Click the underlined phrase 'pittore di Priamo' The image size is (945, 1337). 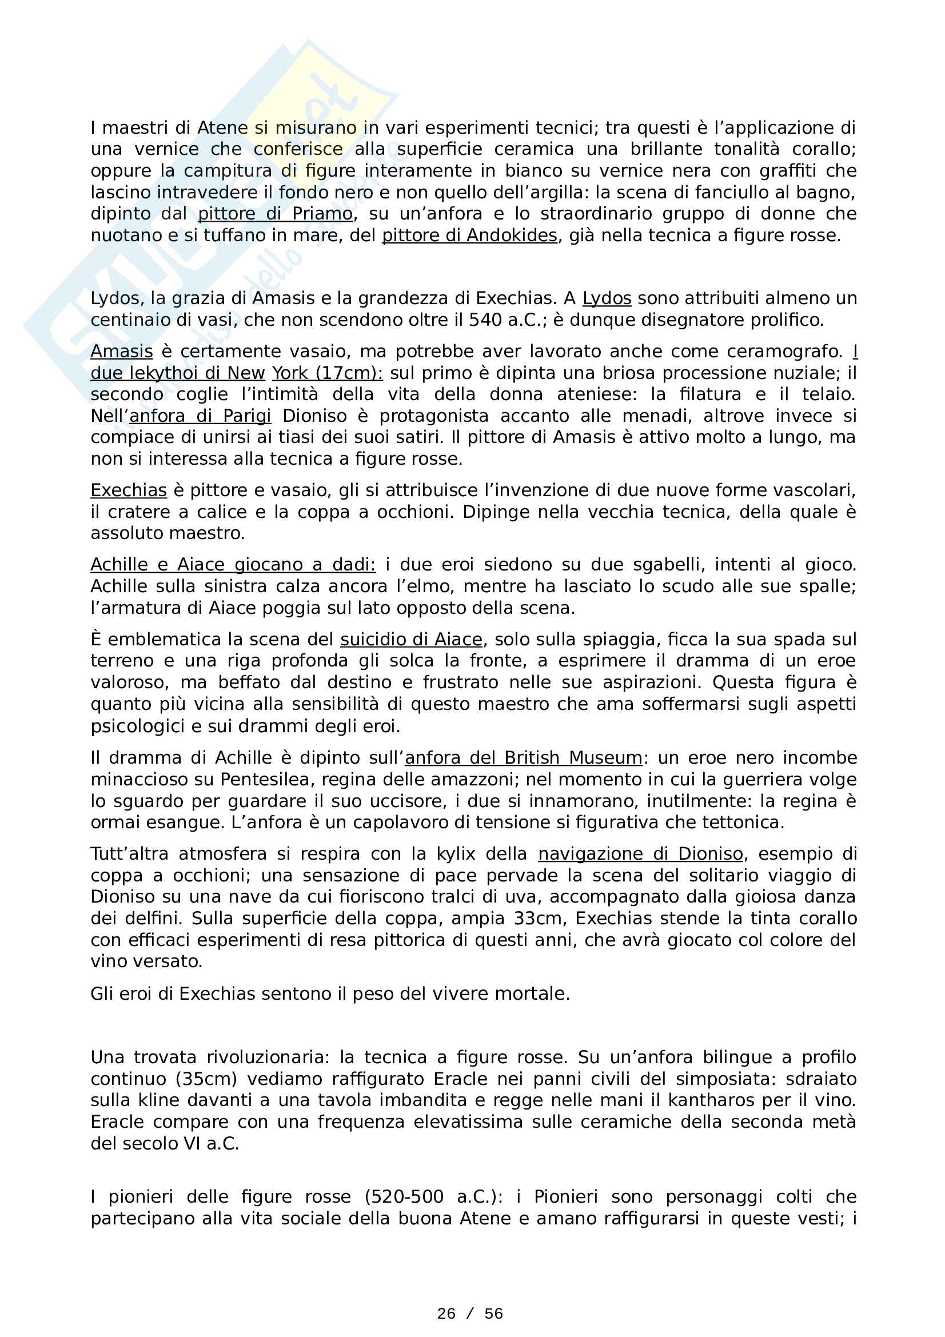(x=275, y=214)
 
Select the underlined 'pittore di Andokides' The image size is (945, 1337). (x=469, y=236)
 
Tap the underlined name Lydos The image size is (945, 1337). (x=607, y=298)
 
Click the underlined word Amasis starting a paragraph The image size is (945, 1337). (x=122, y=352)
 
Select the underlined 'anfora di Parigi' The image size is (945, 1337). (x=200, y=416)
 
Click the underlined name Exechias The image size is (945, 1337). (x=129, y=490)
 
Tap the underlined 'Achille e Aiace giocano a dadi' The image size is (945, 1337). (x=233, y=564)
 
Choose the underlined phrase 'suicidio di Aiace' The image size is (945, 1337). (x=411, y=640)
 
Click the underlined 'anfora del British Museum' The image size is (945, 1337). (x=524, y=757)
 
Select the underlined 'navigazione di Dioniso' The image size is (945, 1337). (x=640, y=853)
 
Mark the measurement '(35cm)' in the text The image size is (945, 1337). (x=206, y=1079)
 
